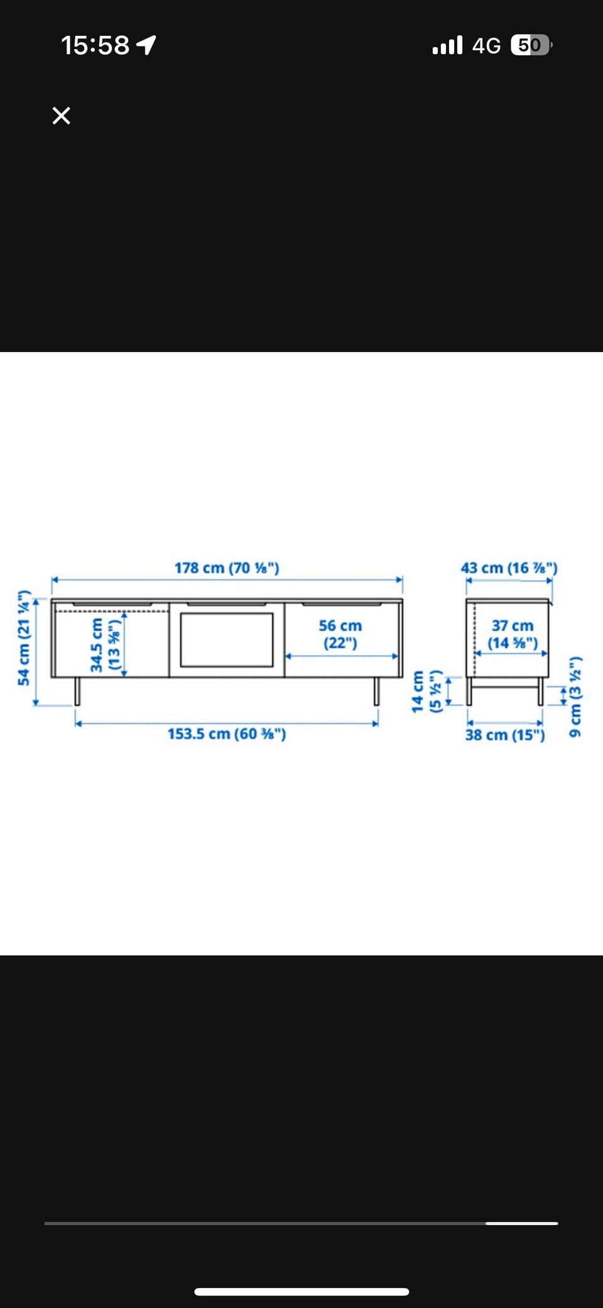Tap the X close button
62,116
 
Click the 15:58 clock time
95,45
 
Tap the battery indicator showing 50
531,45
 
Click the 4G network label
486,45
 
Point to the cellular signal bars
447,45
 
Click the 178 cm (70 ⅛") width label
227,568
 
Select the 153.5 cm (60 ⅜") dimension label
227,734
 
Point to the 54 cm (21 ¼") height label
24,637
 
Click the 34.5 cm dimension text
96,645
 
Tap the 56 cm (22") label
340,634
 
